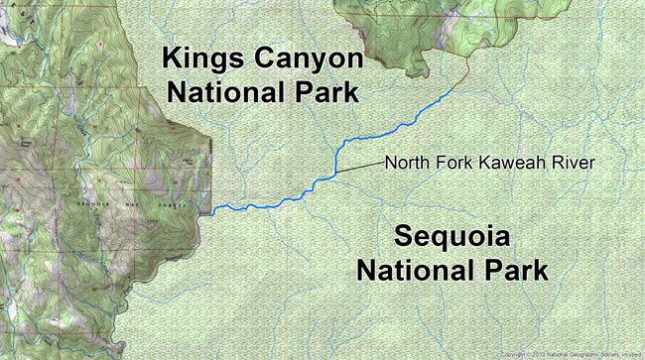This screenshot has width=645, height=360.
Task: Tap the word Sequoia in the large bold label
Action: [x=452, y=238]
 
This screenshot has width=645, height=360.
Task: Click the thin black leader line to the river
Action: [x=358, y=168]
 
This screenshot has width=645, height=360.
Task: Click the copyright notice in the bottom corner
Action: [x=571, y=354]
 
